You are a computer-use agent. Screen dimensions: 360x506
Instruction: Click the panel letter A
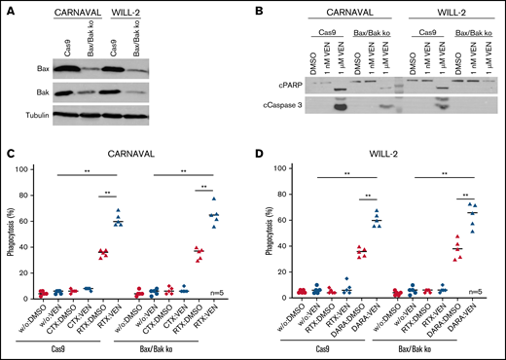(x=7, y=9)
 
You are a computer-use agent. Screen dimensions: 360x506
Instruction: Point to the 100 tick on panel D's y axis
(x=275, y=167)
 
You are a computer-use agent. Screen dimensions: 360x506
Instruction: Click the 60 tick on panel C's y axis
(x=28, y=218)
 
